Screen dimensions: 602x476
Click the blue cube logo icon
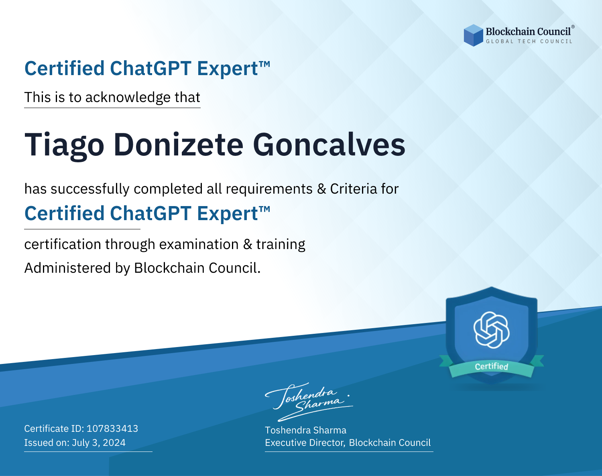tap(473, 35)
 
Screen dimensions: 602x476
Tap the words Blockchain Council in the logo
tap(528, 32)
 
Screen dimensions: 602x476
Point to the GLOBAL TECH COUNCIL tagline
tap(529, 41)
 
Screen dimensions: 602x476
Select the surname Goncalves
tap(329, 145)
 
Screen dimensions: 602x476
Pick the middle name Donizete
tap(178, 145)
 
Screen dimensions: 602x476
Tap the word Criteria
tap(353, 189)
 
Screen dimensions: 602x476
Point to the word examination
tap(199, 244)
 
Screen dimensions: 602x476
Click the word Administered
tap(67, 268)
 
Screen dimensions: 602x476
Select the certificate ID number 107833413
tap(112, 428)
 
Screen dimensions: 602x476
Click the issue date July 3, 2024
tap(99, 443)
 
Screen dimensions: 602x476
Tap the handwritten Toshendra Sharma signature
tap(309, 402)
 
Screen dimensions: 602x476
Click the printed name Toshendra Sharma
tap(305, 430)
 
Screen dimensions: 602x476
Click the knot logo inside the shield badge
tap(492, 330)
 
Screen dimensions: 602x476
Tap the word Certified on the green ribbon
tap(492, 366)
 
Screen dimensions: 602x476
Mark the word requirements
tap(269, 189)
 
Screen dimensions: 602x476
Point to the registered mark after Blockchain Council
tap(573, 27)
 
